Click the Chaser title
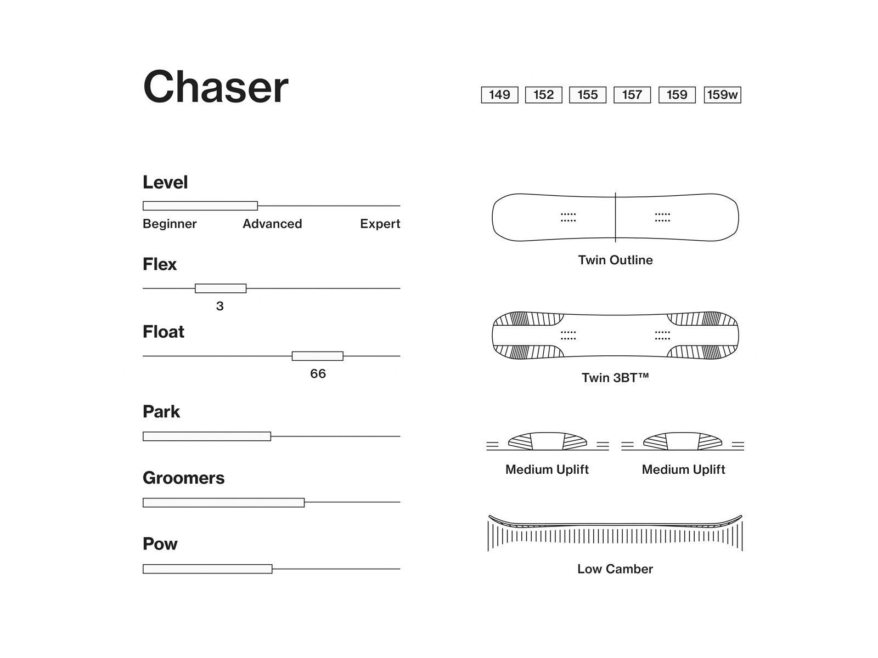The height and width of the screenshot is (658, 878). (215, 87)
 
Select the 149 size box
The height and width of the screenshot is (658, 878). (499, 95)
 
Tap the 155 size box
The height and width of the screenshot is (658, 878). (587, 95)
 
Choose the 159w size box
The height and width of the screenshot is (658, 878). (722, 95)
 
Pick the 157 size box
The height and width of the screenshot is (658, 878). (632, 95)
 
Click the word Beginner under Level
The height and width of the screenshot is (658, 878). (170, 224)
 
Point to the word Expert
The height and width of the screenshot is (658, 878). (380, 224)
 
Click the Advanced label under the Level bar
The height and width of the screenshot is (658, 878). (272, 224)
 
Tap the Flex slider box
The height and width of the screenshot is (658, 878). (221, 288)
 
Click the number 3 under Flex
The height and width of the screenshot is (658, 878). (219, 306)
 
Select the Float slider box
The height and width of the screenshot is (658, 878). (317, 356)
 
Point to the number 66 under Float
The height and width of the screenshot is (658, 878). (318, 373)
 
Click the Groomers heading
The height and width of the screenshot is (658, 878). (184, 478)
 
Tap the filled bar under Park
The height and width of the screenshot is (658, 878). (207, 436)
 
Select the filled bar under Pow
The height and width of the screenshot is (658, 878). (207, 569)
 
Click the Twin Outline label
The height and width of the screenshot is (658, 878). (615, 260)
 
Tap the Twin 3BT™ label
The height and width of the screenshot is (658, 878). (615, 378)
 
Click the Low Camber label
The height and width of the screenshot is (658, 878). (615, 569)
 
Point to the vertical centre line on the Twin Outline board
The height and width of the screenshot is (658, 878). (615, 217)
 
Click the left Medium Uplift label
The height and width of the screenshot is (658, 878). (547, 469)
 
